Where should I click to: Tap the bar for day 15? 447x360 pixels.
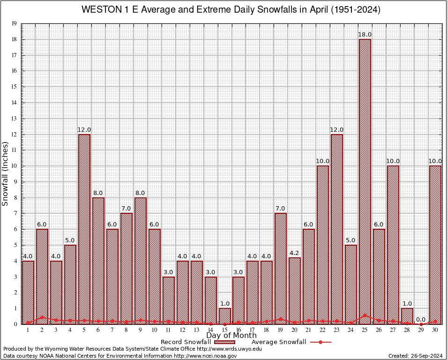pyautogui.click(x=224, y=316)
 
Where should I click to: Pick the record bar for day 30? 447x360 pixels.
pyautogui.click(x=435, y=244)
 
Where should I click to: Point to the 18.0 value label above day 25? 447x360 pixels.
pyautogui.click(x=365, y=35)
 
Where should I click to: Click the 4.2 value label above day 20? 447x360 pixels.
pyautogui.click(x=295, y=253)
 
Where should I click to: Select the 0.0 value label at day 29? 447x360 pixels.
pyautogui.click(x=421, y=319)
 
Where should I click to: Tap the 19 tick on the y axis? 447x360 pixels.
pyautogui.click(x=15, y=23)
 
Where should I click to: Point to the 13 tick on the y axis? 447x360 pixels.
pyautogui.click(x=15, y=119)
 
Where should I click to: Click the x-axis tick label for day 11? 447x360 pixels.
pyautogui.click(x=168, y=330)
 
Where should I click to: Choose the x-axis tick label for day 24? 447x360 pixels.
pyautogui.click(x=350, y=330)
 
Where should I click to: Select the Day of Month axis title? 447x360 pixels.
pyautogui.click(x=231, y=336)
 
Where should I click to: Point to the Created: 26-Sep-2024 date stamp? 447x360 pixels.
pyautogui.click(x=415, y=356)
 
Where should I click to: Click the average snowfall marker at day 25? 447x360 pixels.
pyautogui.click(x=365, y=315)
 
